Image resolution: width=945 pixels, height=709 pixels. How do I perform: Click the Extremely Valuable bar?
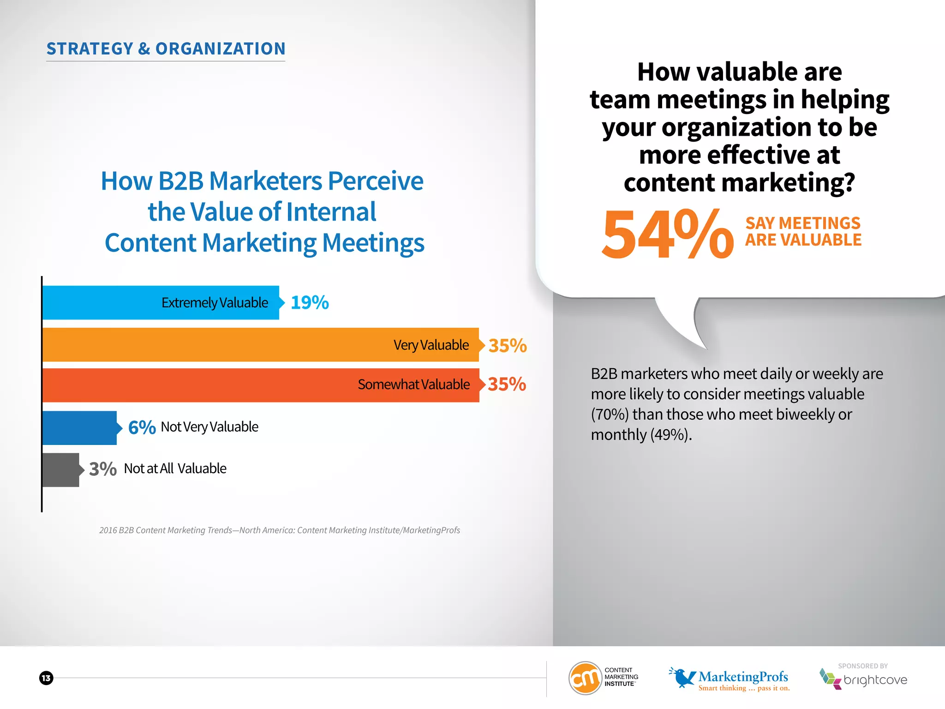(161, 303)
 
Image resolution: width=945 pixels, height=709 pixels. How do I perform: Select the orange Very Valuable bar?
(260, 345)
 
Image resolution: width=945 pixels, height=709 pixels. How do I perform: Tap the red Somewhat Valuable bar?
(260, 385)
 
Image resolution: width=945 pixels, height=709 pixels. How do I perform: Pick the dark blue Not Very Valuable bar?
(79, 428)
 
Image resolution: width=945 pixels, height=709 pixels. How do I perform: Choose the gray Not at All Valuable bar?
(60, 470)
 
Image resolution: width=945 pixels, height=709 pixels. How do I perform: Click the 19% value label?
(310, 303)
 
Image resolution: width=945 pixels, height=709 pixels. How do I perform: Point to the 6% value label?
(142, 427)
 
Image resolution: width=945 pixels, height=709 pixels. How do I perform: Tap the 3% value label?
(102, 469)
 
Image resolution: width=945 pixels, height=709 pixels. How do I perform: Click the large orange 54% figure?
(667, 234)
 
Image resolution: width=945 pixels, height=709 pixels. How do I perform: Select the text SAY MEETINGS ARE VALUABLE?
(803, 232)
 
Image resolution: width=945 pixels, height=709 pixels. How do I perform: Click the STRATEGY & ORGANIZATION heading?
(166, 49)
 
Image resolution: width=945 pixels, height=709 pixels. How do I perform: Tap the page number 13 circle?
(46, 678)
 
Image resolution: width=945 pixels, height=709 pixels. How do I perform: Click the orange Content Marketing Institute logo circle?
(585, 678)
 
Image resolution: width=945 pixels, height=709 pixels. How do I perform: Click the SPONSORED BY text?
(863, 666)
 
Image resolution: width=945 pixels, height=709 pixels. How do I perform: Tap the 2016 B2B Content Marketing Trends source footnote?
(280, 530)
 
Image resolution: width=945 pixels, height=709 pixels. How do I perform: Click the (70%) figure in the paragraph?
(610, 415)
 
